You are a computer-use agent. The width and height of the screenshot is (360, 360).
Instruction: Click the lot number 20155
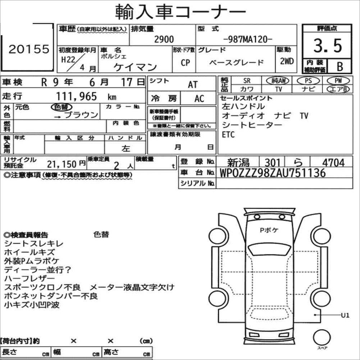point(29,49)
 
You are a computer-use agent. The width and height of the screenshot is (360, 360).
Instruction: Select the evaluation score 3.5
point(328,46)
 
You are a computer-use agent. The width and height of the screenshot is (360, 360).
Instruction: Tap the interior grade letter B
point(340,66)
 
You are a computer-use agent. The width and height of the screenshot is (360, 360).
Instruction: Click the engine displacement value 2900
point(164,40)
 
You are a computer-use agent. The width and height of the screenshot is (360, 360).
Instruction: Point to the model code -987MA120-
point(248,40)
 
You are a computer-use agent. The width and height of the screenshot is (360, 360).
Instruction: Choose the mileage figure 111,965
point(77,96)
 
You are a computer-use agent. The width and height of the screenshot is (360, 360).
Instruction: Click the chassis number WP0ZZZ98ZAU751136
point(273,173)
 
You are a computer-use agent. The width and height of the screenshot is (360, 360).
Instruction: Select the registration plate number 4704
point(333,162)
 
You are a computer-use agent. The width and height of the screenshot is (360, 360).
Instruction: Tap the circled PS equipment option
point(308,81)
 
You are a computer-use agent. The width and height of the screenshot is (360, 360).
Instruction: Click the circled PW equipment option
point(338,80)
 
